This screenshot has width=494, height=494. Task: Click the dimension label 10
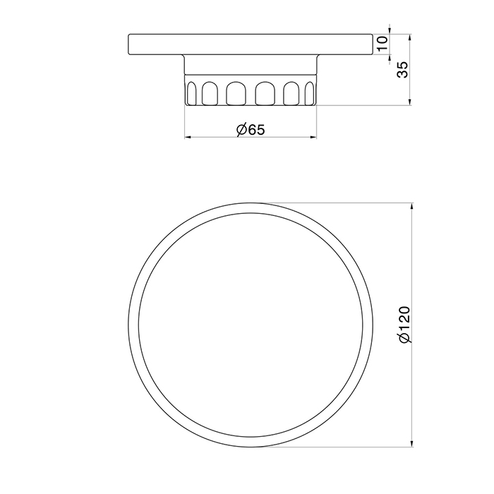pyautogui.click(x=382, y=44)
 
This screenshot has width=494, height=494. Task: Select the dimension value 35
pyautogui.click(x=402, y=70)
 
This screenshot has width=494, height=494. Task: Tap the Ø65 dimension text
pyautogui.click(x=251, y=129)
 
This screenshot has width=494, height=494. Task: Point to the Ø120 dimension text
pyautogui.click(x=405, y=325)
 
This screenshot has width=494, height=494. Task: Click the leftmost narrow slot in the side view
pyautogui.click(x=191, y=93)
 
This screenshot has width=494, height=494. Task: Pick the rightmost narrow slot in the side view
pyautogui.click(x=310, y=93)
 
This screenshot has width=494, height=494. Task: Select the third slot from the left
pyautogui.click(x=236, y=93)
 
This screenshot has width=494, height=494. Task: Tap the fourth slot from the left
pyautogui.click(x=265, y=93)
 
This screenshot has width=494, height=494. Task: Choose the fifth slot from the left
pyautogui.click(x=291, y=93)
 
